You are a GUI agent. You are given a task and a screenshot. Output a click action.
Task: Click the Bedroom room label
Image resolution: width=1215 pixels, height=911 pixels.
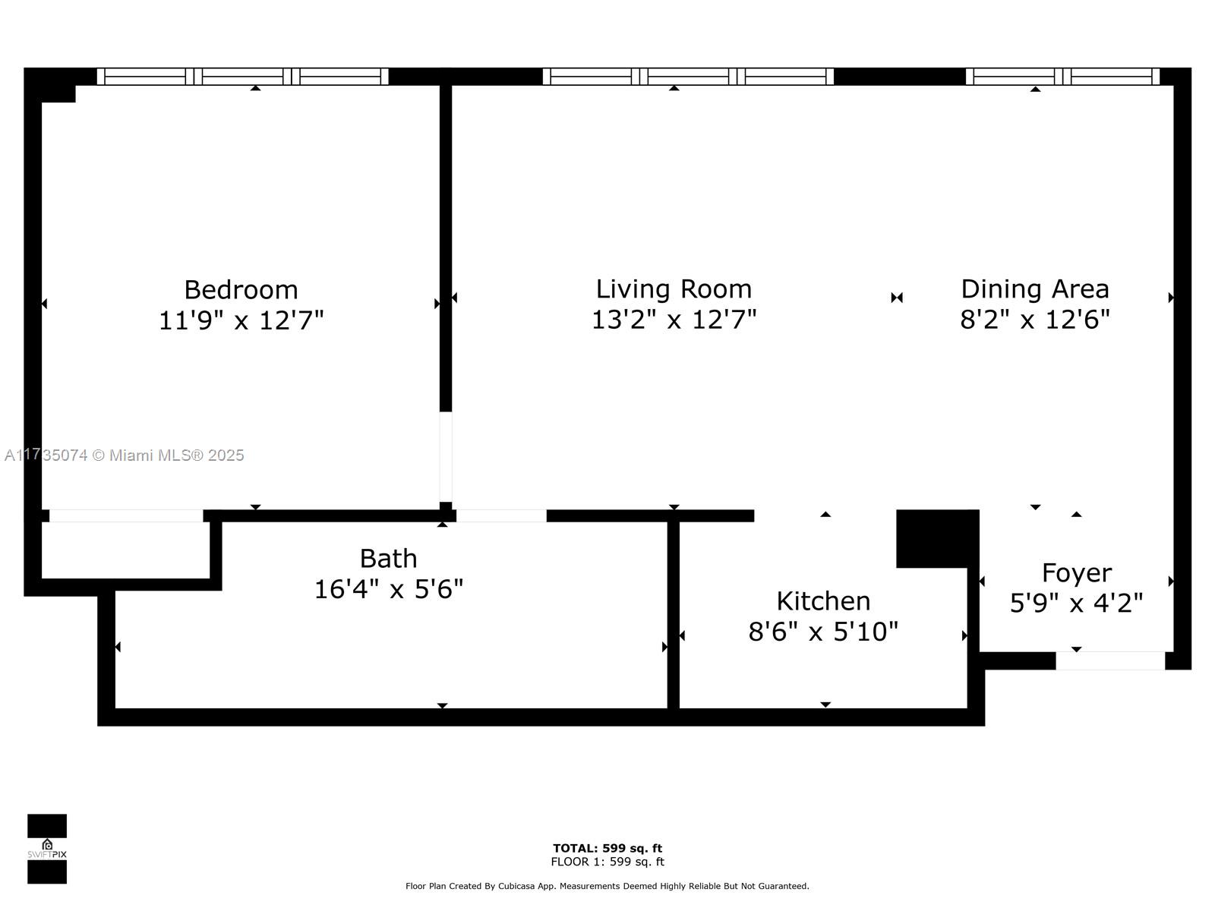(241, 290)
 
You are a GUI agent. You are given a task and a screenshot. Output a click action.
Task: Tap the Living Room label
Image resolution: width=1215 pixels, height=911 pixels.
(674, 288)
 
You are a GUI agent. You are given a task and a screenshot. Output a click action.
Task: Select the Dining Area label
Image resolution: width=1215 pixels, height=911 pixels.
(1035, 288)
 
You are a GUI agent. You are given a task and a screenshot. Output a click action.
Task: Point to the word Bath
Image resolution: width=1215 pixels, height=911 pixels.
(388, 559)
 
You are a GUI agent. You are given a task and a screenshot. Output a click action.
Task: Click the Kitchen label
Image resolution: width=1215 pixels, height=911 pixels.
(823, 601)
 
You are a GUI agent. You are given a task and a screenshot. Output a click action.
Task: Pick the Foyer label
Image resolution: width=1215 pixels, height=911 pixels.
(1077, 574)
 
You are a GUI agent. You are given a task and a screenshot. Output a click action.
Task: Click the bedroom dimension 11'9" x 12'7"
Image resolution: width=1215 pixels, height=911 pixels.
(241, 320)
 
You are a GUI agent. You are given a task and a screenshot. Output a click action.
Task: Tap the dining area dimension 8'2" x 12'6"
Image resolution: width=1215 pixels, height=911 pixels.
(1035, 319)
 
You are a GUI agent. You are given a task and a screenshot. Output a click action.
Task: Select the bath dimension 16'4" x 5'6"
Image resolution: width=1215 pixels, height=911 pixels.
(388, 589)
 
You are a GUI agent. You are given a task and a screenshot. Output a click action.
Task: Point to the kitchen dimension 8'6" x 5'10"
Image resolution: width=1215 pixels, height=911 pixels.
(823, 632)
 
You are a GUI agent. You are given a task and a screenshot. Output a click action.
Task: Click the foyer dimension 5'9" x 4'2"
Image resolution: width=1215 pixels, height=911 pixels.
(1077, 603)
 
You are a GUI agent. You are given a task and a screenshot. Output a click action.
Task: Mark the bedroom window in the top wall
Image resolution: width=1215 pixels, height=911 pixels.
(242, 77)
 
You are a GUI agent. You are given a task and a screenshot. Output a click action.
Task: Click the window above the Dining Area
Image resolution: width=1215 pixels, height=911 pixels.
(1063, 77)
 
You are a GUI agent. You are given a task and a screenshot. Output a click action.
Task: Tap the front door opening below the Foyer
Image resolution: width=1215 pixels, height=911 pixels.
(1110, 661)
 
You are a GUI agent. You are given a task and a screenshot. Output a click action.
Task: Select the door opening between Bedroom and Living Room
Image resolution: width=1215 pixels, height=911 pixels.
(446, 457)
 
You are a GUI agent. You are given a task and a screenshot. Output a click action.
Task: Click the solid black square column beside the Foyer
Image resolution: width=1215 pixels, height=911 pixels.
(937, 539)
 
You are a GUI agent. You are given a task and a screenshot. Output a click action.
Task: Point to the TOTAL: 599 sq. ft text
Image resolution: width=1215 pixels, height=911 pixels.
(607, 849)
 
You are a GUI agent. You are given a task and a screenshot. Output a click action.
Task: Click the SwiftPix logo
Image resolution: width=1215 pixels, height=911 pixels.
(47, 849)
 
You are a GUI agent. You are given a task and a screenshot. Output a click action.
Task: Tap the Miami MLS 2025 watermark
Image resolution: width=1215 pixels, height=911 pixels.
(124, 455)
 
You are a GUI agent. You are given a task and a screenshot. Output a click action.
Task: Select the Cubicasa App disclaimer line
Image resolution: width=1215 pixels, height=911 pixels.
(607, 886)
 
